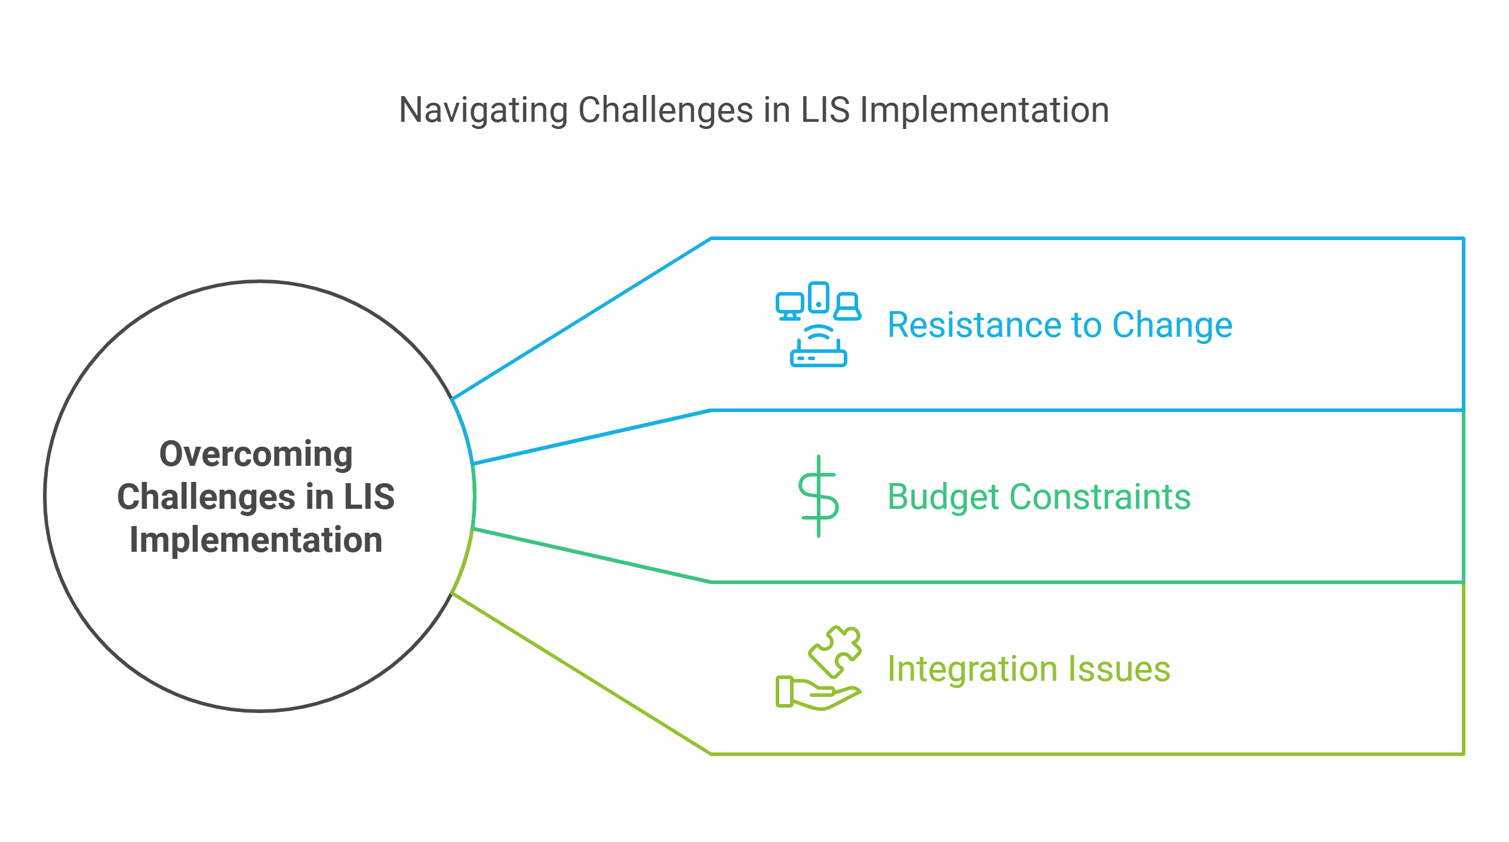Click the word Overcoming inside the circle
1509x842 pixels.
(x=256, y=454)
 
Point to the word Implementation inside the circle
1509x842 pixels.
(x=256, y=540)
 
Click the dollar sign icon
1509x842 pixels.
(x=819, y=496)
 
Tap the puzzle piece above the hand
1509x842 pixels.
(x=835, y=651)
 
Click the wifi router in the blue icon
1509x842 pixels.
(x=819, y=349)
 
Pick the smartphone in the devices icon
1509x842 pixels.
(x=819, y=297)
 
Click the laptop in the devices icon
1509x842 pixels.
(x=847, y=307)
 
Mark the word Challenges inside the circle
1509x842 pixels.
(x=207, y=497)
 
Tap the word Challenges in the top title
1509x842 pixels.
(x=665, y=111)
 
